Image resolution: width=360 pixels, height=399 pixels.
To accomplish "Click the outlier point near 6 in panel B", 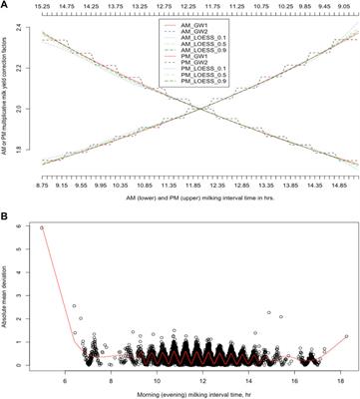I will coord(42,227).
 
